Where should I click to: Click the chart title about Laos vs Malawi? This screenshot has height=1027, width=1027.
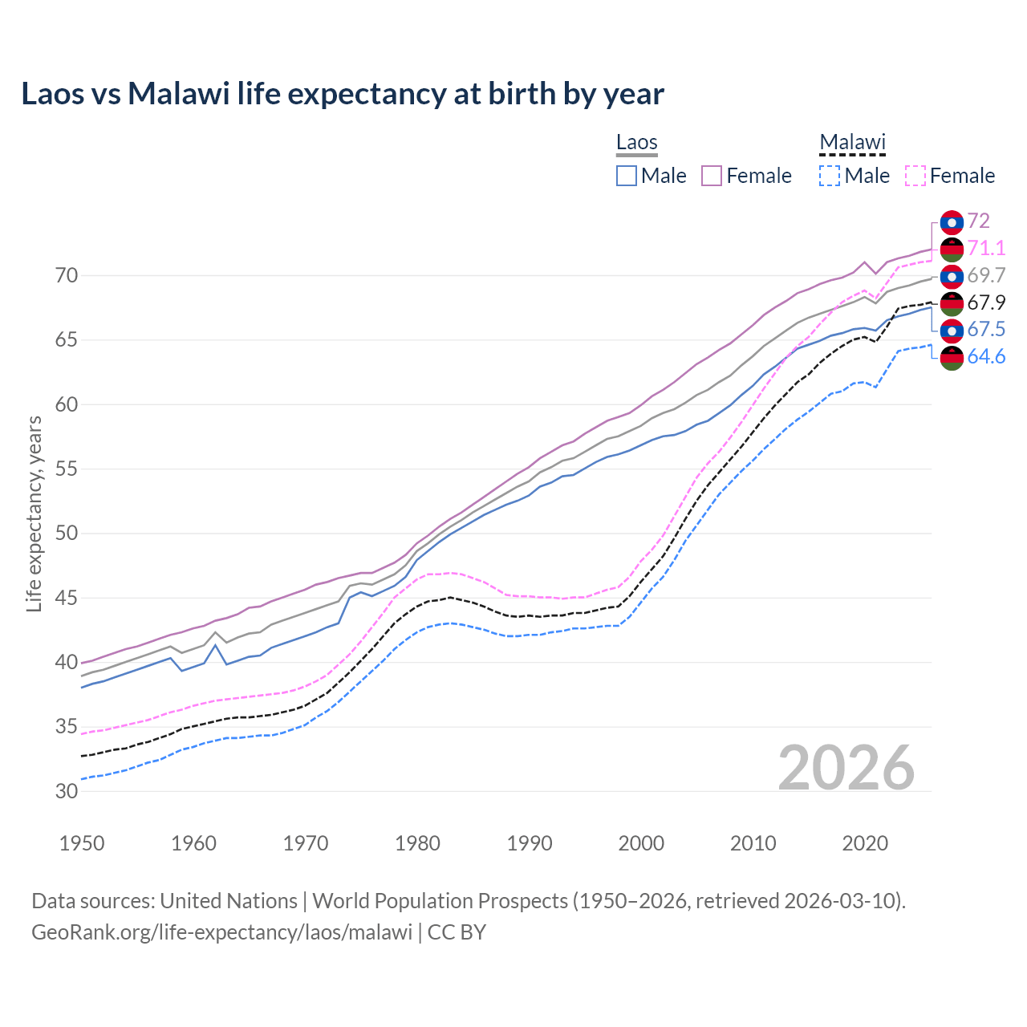click(x=343, y=94)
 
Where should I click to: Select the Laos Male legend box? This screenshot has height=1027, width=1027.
click(x=627, y=176)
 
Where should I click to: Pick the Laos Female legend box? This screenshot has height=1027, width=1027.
click(x=712, y=176)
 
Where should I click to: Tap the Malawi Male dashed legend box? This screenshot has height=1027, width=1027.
click(x=830, y=176)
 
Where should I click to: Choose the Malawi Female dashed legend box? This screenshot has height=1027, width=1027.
click(x=915, y=176)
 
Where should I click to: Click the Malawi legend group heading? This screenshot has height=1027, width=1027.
click(x=852, y=142)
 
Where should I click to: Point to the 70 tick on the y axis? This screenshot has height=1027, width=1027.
click(x=67, y=276)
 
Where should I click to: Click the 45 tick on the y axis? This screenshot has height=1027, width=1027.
click(x=67, y=598)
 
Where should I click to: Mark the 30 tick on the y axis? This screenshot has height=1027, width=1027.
click(x=67, y=791)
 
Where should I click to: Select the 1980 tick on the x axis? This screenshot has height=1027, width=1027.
click(x=417, y=843)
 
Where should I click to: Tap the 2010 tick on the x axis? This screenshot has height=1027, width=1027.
click(x=753, y=843)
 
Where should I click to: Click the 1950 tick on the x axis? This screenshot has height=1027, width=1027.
click(x=83, y=843)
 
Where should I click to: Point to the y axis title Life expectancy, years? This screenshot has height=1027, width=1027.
click(x=34, y=513)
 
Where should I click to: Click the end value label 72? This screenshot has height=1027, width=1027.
click(x=978, y=221)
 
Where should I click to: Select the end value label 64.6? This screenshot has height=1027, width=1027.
click(x=986, y=357)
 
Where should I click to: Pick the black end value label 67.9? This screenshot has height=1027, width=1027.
click(x=986, y=302)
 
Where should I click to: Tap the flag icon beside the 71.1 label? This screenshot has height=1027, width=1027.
click(x=952, y=249)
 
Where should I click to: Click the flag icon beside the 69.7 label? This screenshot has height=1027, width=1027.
click(x=952, y=276)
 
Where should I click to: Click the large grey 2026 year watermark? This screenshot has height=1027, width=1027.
click(x=846, y=768)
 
